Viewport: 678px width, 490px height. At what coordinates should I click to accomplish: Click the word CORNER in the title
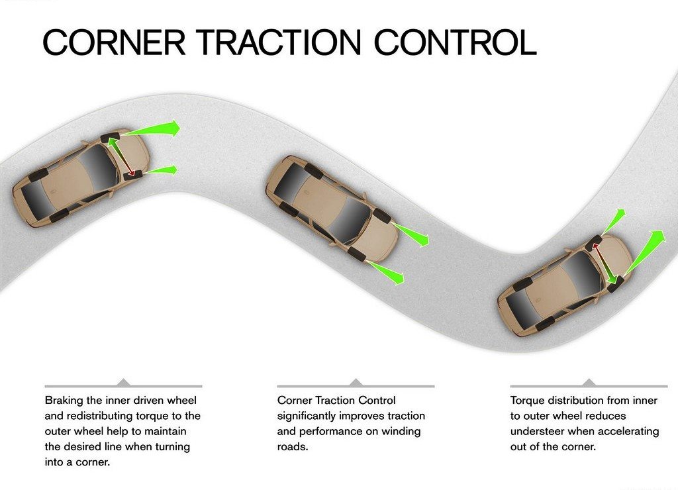(114, 42)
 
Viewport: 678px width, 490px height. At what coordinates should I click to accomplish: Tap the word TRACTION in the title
(279, 42)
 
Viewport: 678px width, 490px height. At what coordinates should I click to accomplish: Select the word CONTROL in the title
(455, 42)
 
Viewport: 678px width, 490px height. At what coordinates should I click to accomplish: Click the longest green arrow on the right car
(644, 253)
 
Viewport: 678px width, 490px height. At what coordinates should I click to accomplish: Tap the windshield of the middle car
(351, 220)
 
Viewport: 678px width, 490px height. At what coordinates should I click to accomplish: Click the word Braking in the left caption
(64, 401)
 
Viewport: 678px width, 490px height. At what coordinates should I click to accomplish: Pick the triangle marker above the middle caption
(356, 382)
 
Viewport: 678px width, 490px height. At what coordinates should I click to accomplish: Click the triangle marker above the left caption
(124, 382)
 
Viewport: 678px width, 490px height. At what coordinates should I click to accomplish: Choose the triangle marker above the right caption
(589, 382)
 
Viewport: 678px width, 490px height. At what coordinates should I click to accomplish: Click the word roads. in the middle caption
(293, 447)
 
